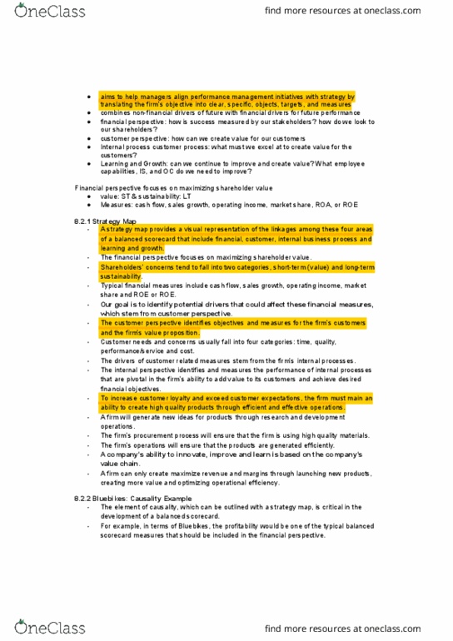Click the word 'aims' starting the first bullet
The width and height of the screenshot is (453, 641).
point(107,97)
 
